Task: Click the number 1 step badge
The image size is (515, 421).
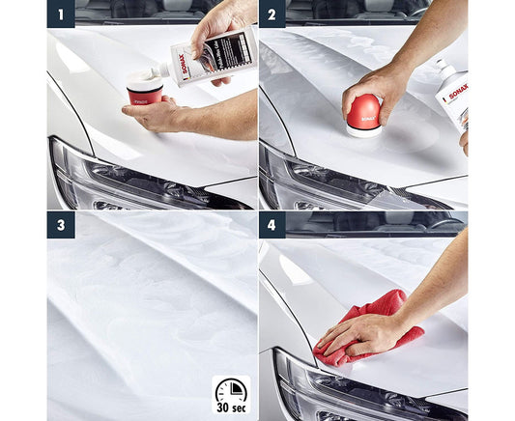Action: pyautogui.click(x=61, y=14)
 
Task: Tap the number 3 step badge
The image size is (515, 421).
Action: pyautogui.click(x=61, y=226)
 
